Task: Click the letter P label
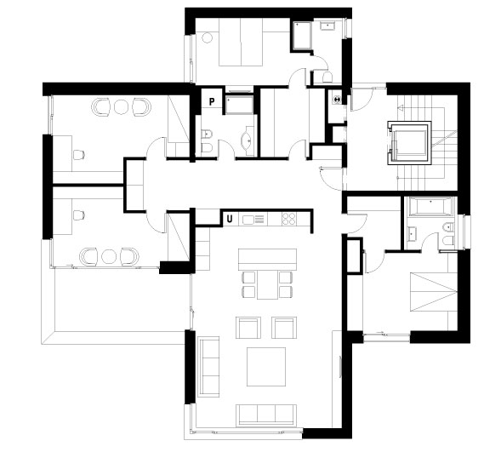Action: [x=212, y=101]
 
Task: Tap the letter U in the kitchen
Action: [x=230, y=219]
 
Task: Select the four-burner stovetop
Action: [x=289, y=219]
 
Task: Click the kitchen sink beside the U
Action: [x=249, y=220]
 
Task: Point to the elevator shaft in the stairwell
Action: [x=409, y=143]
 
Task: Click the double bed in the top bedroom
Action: [x=241, y=42]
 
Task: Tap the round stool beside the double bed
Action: [x=207, y=38]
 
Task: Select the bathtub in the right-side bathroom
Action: [x=431, y=206]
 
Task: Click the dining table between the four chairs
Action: [x=268, y=285]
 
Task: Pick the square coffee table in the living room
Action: [x=266, y=366]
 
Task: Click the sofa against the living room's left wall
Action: [x=208, y=366]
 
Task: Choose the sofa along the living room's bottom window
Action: [x=266, y=415]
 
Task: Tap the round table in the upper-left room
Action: [x=121, y=107]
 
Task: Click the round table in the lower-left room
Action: [x=109, y=256]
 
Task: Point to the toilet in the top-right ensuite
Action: [x=327, y=77]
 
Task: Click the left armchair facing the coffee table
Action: [x=248, y=328]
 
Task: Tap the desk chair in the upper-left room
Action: [x=79, y=155]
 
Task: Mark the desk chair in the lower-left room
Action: [x=79, y=215]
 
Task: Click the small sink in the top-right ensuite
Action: [x=327, y=26]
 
